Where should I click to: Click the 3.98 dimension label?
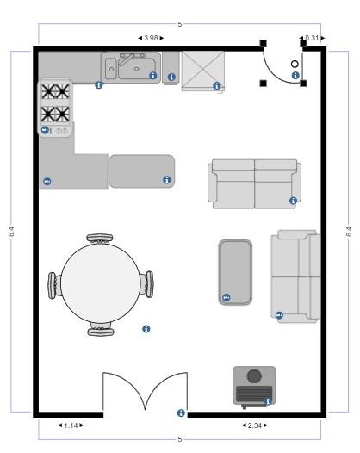[x=151, y=38]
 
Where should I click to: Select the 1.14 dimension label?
[x=71, y=425]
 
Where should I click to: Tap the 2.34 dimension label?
[x=255, y=425]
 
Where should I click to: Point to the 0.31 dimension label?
[x=312, y=38]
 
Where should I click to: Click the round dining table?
[x=101, y=283]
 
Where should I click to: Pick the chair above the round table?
[x=100, y=239]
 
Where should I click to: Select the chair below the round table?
[x=101, y=330]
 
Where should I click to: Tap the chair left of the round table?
[x=53, y=285]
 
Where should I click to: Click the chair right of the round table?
[x=147, y=284]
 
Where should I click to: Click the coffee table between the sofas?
[x=235, y=272]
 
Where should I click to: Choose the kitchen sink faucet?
[x=128, y=59]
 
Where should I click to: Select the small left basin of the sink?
[x=110, y=68]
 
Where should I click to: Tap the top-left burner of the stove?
[x=48, y=91]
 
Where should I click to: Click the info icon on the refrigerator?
[x=217, y=86]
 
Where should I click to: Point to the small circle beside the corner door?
[x=295, y=64]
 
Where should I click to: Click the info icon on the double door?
[x=181, y=413]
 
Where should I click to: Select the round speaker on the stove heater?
[x=254, y=375]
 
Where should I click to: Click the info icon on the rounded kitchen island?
[x=167, y=180]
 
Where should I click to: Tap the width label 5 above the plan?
[x=180, y=24]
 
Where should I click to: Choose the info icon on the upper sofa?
[x=293, y=201]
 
